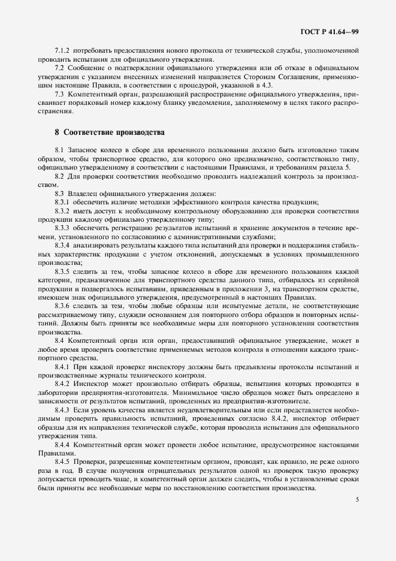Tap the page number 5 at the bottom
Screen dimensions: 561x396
[x=357, y=499]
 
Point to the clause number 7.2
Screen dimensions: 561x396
[x=59, y=69]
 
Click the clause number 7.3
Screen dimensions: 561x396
[x=59, y=95]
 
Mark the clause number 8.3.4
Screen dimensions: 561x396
[x=63, y=245]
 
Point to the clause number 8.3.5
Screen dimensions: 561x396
[x=63, y=272]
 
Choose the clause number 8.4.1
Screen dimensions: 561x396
[x=63, y=367]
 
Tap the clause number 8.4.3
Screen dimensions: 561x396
[x=63, y=410]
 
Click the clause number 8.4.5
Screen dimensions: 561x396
[x=63, y=463]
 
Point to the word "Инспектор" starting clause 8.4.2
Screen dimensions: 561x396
[x=90, y=384]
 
